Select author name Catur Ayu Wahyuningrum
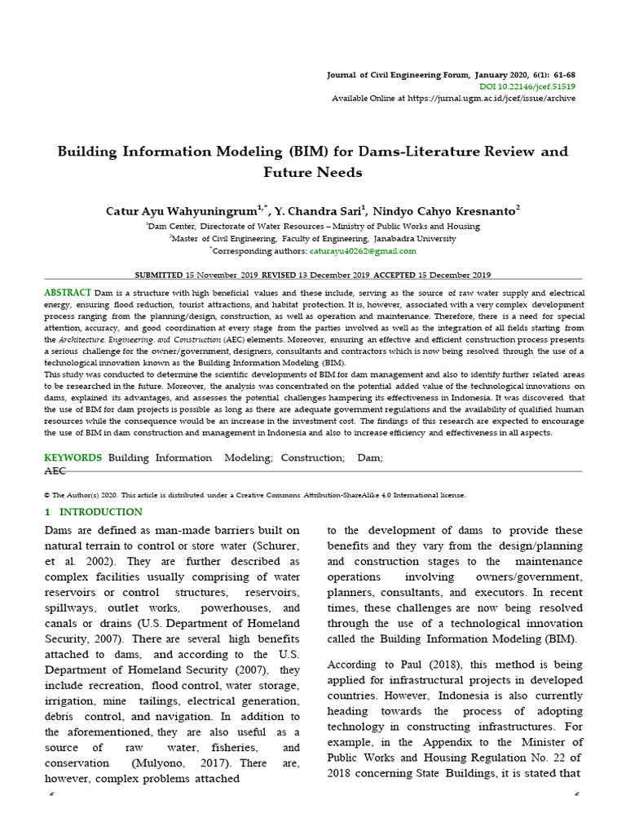coord(180,211)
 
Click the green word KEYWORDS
coord(73,458)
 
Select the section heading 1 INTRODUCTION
coord(93,512)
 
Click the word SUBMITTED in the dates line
coord(158,275)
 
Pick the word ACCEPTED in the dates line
coord(395,275)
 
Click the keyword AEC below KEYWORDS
coord(55,471)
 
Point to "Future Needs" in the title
coord(313,173)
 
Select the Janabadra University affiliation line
coord(313,239)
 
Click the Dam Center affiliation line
coord(313,226)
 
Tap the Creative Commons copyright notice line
coord(255,495)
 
